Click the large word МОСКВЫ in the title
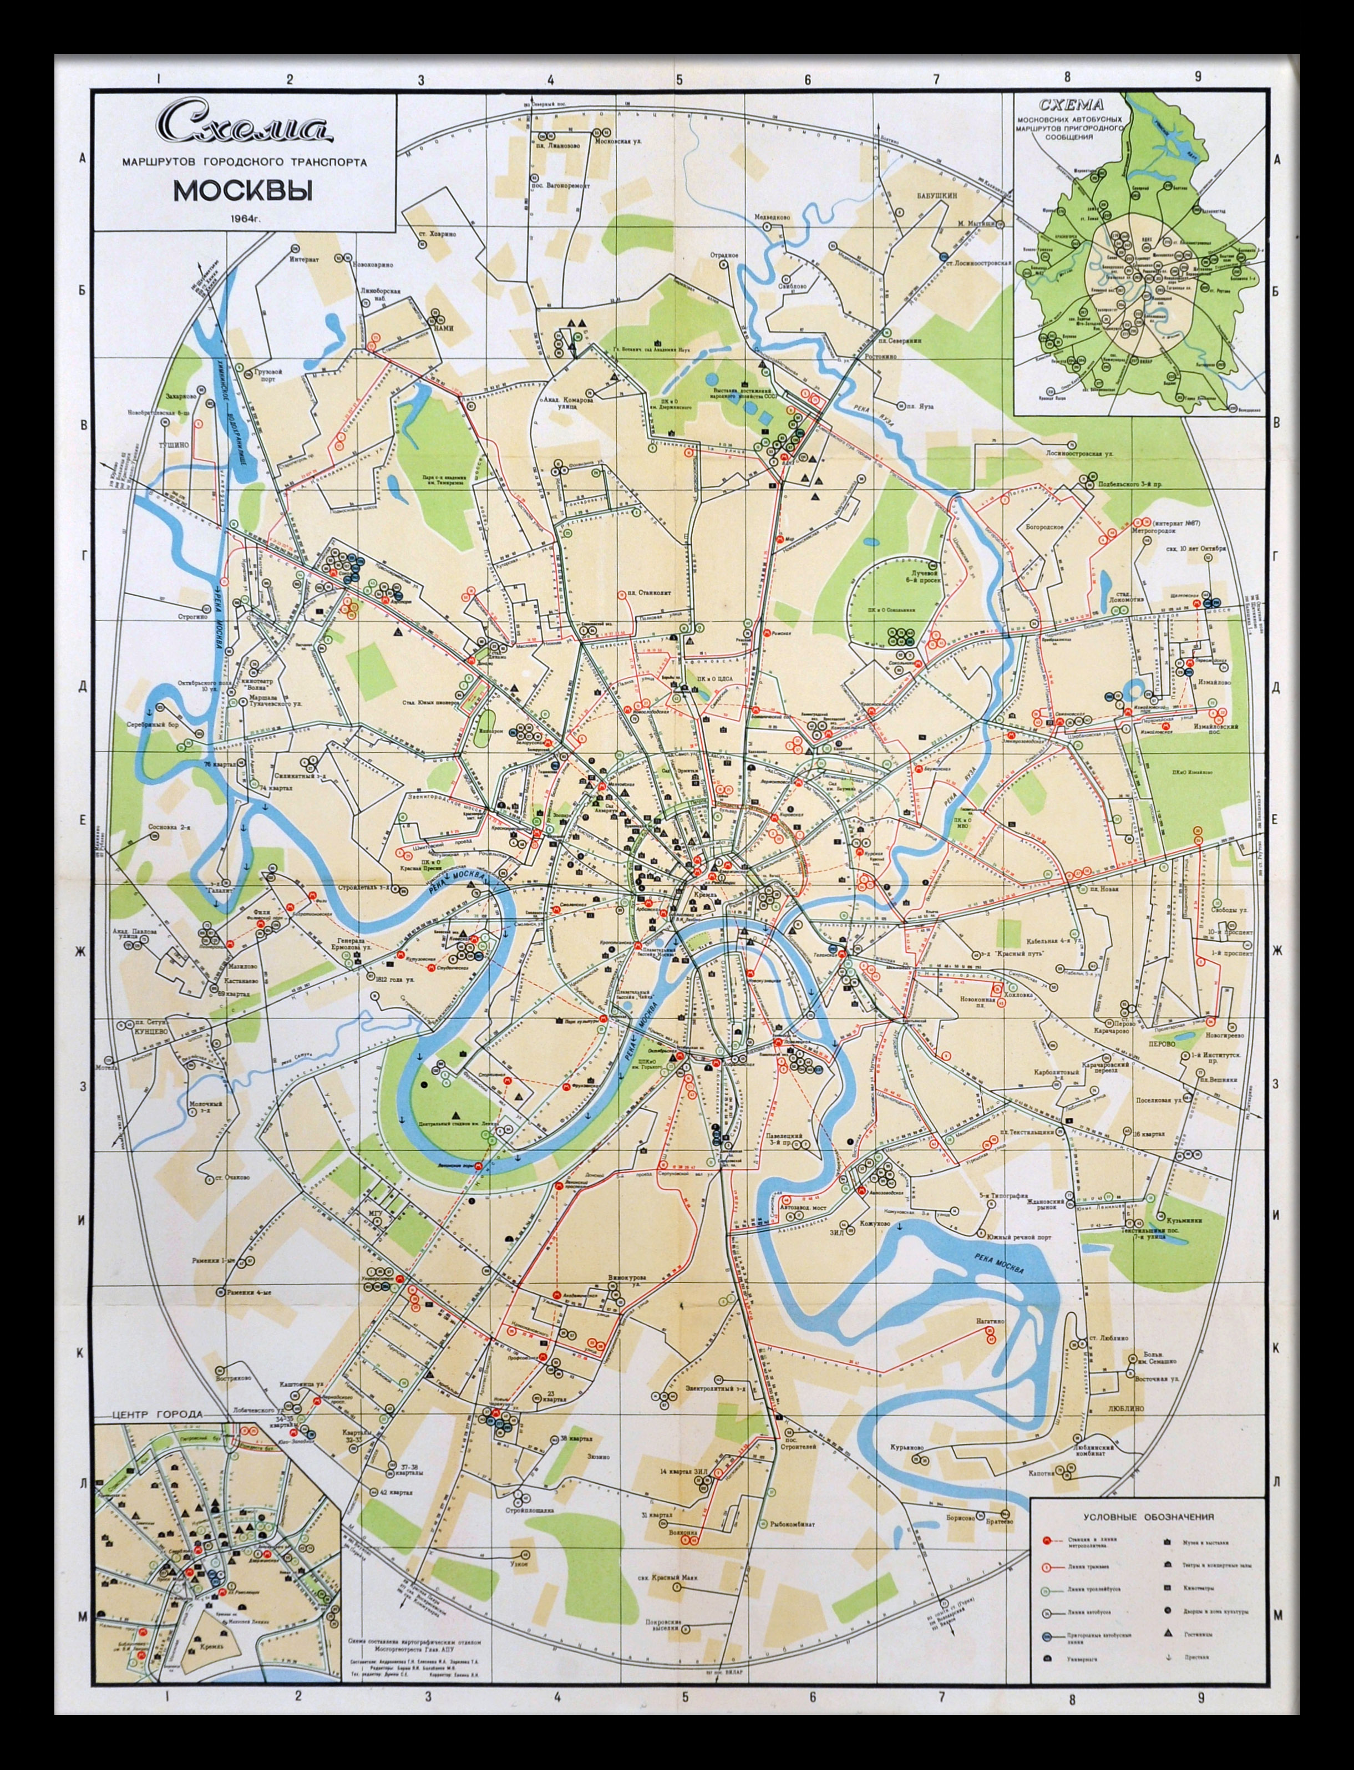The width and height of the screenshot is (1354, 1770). pos(242,192)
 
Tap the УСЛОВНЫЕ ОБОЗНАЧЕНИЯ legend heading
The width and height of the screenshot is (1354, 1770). pos(1148,1516)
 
